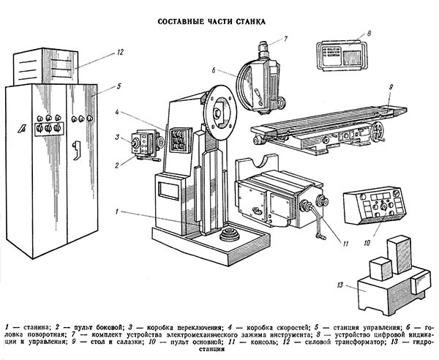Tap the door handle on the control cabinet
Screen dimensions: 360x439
tap(75, 149)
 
